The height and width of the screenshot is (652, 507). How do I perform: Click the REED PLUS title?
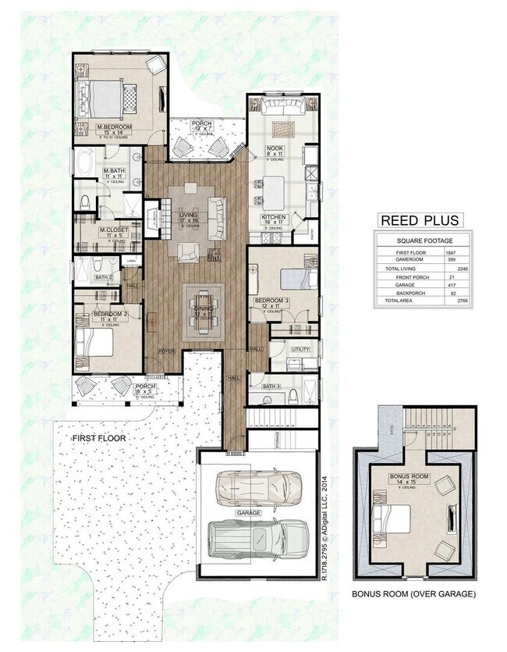point(419,220)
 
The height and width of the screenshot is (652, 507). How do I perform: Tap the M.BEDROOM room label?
point(113,126)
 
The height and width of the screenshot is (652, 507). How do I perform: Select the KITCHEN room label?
point(275,216)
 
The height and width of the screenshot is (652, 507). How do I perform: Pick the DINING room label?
point(202,309)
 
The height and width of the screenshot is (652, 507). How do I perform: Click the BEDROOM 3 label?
point(272,300)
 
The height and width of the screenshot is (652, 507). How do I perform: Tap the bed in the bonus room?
point(394,517)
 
